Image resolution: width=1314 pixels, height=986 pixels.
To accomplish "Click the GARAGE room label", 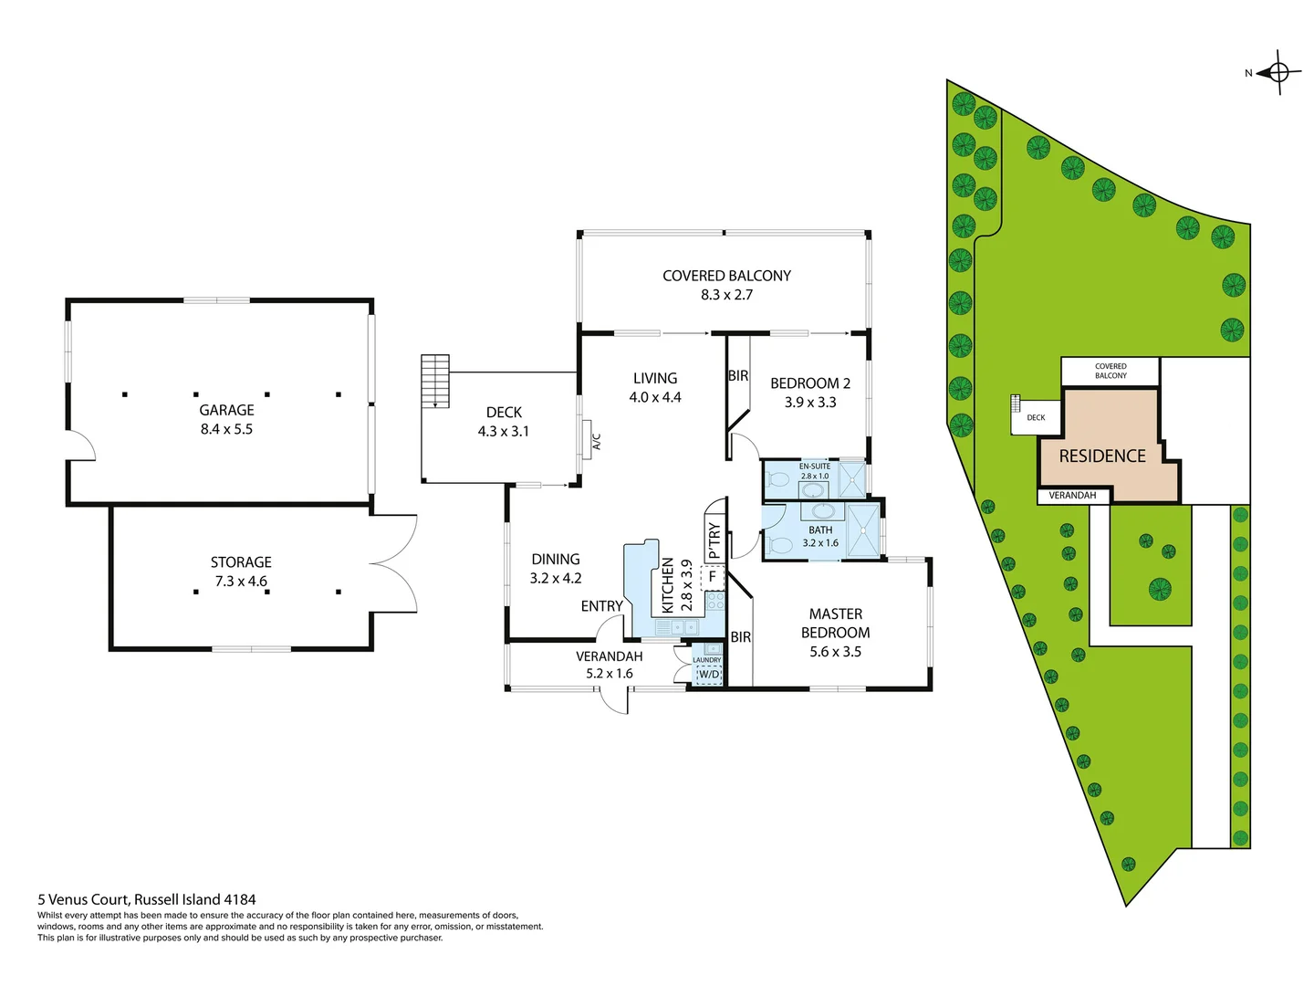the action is coord(226,411).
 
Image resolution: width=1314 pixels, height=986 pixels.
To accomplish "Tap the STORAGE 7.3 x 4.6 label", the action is coord(241,572).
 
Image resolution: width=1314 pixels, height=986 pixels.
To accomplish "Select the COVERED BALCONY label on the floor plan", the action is coord(726,276).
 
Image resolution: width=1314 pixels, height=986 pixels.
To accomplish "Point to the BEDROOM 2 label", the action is coord(810,383).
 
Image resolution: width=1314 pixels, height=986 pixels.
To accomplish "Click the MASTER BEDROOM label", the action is coord(835,624).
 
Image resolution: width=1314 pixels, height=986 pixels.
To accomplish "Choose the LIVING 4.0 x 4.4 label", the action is coord(655,387).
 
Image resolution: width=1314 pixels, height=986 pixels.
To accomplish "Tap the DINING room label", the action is coord(556,560).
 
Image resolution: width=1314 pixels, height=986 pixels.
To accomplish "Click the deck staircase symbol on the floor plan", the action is coord(435,380).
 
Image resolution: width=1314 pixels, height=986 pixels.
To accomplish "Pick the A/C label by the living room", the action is coord(597,442).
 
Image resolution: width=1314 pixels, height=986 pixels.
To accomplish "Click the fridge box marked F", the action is coord(713,577).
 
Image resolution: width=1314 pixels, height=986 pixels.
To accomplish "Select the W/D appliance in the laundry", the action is coord(709,675).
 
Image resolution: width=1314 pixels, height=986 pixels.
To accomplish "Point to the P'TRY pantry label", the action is coord(714,540).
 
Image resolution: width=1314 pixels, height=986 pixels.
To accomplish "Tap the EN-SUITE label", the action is coord(815,467).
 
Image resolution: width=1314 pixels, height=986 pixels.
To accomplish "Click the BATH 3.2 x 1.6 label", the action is coord(820,536).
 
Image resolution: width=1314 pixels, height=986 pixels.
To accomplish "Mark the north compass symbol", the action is coord(1277,73).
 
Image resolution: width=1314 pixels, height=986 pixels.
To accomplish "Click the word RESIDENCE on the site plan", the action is coord(1102,456).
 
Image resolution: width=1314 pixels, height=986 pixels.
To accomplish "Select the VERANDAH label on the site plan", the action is coord(1072,496).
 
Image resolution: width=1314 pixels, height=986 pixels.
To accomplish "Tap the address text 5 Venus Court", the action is coord(147,899).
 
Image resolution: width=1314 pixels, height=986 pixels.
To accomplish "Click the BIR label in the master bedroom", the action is coord(741,637).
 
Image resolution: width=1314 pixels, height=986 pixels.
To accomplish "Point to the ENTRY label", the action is coord(602,606).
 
